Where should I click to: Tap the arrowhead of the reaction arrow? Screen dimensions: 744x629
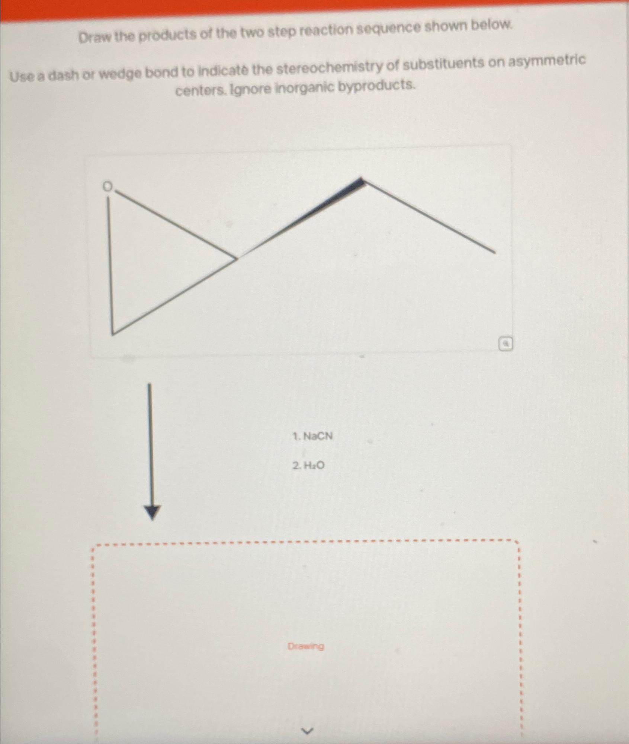pos(152,513)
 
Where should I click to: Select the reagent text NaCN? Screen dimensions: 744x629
pos(318,436)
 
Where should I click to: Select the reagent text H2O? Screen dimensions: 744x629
pos(314,465)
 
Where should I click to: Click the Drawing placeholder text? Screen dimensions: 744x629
pos(306,646)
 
